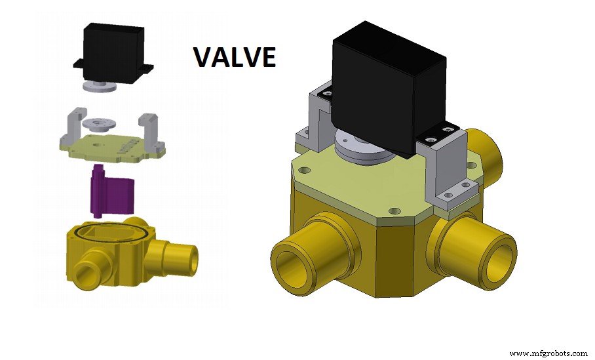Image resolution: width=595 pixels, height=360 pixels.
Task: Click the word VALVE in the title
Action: tap(234, 58)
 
